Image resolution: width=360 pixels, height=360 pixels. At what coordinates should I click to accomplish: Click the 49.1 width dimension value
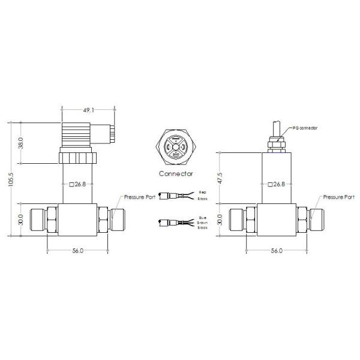89,111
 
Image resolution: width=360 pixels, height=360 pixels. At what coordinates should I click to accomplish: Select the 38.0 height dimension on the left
20,144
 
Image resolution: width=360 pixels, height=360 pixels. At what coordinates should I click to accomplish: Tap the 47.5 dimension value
220,178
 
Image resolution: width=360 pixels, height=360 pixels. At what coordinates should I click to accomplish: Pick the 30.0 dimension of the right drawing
220,220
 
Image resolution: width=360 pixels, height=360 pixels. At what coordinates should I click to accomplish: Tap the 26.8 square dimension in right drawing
276,184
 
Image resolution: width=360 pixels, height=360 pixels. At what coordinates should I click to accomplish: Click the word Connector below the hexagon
175,173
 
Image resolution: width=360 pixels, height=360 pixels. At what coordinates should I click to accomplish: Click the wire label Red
202,193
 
